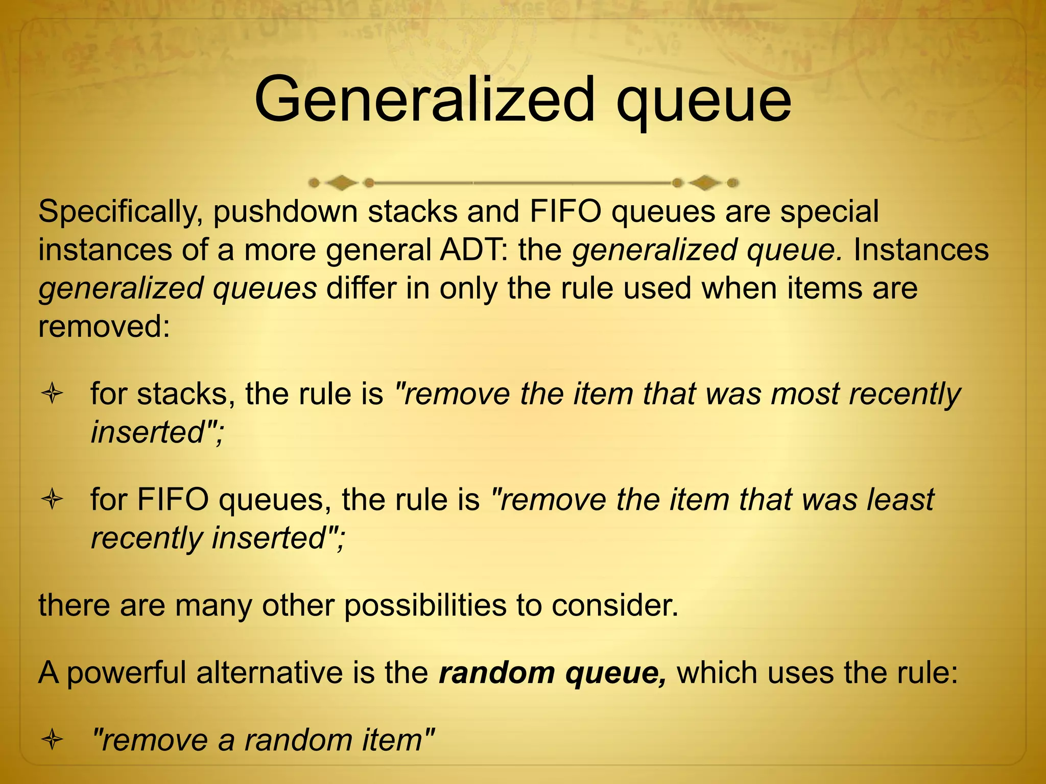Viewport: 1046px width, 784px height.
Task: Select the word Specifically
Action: [x=118, y=212]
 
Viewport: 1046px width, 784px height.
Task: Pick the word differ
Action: [x=361, y=288]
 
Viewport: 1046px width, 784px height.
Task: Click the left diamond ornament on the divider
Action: [x=342, y=182]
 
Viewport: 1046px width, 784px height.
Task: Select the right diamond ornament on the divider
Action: [x=705, y=182]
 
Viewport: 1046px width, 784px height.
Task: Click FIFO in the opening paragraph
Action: [x=565, y=212]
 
